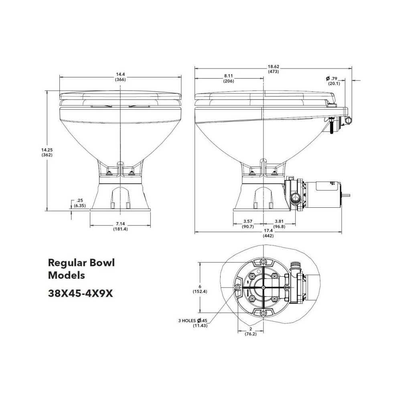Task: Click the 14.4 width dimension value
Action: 120,77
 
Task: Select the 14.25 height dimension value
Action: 47,152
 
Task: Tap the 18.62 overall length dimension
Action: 273,69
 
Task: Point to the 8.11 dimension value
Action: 229,79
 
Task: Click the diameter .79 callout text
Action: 333,81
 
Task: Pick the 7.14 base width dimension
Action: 120,227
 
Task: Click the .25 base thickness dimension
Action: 79,203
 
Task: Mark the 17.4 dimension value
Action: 268,233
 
